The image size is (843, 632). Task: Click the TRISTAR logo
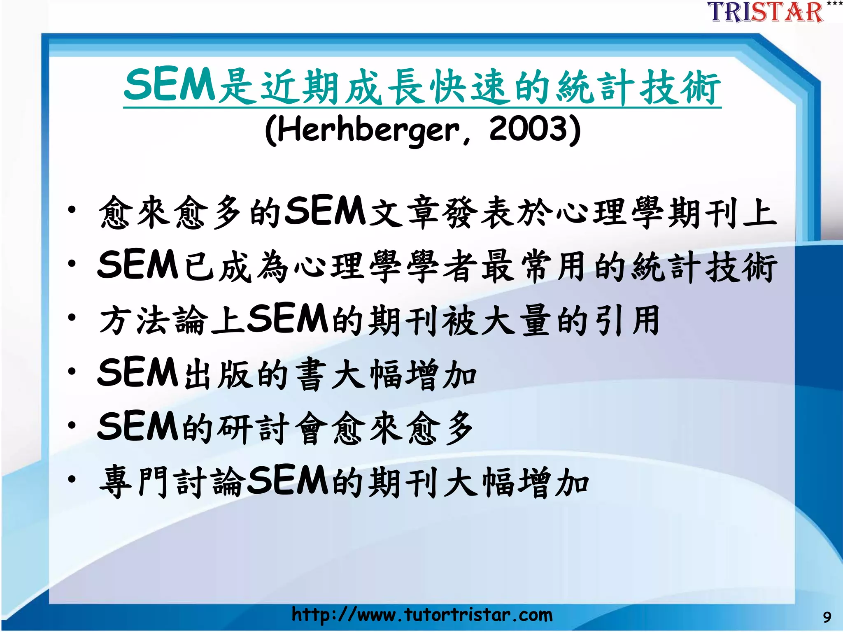[x=766, y=12]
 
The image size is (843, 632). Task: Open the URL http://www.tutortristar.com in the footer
[x=422, y=615]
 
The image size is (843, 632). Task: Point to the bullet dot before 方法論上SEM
[x=72, y=318]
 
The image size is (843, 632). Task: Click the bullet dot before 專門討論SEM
[x=72, y=479]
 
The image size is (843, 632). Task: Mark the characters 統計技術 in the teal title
[x=638, y=86]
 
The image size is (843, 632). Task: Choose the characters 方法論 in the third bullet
[x=154, y=320]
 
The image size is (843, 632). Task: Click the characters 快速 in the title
[x=467, y=86]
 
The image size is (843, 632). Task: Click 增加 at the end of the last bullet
[x=554, y=481]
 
